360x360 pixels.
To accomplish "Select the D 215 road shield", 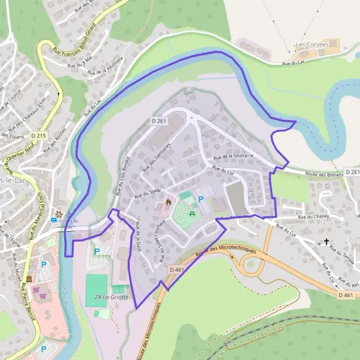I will (x=37, y=136).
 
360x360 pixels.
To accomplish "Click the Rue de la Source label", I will (x=233, y=156).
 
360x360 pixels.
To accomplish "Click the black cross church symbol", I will (x=326, y=242).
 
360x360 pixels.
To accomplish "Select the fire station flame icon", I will (x=168, y=203).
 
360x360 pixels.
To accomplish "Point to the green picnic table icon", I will (x=193, y=213).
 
